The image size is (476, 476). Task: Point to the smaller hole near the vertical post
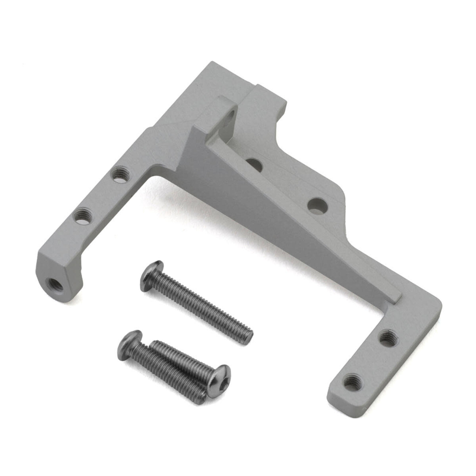pos(254,165)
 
